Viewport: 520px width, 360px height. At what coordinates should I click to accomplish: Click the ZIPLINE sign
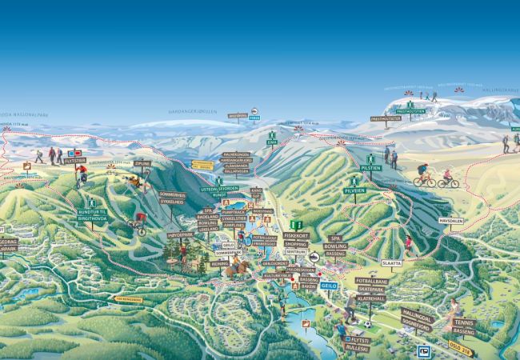143,163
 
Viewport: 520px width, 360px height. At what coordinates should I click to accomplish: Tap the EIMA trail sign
272,142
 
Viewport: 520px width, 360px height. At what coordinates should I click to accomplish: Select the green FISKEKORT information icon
297,225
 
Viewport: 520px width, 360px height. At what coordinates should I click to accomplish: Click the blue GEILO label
329,284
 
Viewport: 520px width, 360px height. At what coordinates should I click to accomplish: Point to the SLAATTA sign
391,262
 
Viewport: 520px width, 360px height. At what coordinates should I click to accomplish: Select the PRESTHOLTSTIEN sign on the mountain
385,118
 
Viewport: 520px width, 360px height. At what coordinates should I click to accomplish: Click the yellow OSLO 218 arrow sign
462,350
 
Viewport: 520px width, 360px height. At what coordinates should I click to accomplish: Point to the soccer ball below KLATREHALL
367,324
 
